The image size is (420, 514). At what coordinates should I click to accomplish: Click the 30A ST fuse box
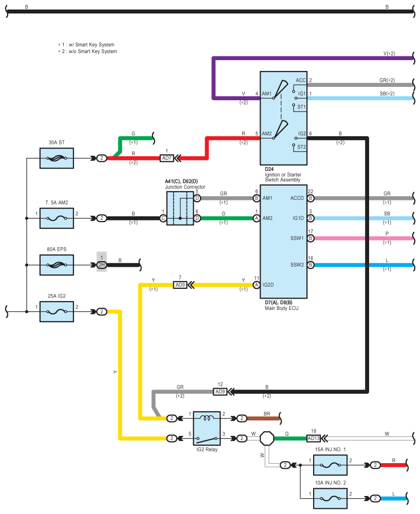[x=57, y=158]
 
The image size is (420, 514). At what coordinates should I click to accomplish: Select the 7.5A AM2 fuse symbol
[x=57, y=218]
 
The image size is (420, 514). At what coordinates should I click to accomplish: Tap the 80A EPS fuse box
[x=57, y=265]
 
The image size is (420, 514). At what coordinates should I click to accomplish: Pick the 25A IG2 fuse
[x=57, y=312]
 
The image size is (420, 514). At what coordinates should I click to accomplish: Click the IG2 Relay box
[x=207, y=428]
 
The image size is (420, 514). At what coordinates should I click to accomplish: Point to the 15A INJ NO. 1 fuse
[x=330, y=465]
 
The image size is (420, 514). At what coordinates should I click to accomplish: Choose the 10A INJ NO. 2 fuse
[x=330, y=498]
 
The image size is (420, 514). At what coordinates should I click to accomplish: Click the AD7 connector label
[x=167, y=158]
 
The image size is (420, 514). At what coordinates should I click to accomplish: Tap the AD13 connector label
[x=314, y=438]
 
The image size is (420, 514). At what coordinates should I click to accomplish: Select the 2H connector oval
[x=102, y=265]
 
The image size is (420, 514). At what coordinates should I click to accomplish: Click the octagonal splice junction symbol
[x=267, y=438]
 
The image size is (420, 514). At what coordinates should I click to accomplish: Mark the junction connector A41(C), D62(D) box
[x=180, y=208]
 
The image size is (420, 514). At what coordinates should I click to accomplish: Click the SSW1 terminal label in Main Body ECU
[x=297, y=238]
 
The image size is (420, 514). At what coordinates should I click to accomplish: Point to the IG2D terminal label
[x=268, y=285]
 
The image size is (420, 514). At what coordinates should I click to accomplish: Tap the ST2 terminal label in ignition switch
[x=301, y=147]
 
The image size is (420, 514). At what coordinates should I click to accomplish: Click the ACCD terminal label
[x=297, y=198]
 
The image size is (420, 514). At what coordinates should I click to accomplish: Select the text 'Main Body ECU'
[x=282, y=308]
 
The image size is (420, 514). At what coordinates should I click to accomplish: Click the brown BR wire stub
[x=263, y=418]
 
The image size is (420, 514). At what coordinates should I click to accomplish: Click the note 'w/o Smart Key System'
[x=93, y=51]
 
